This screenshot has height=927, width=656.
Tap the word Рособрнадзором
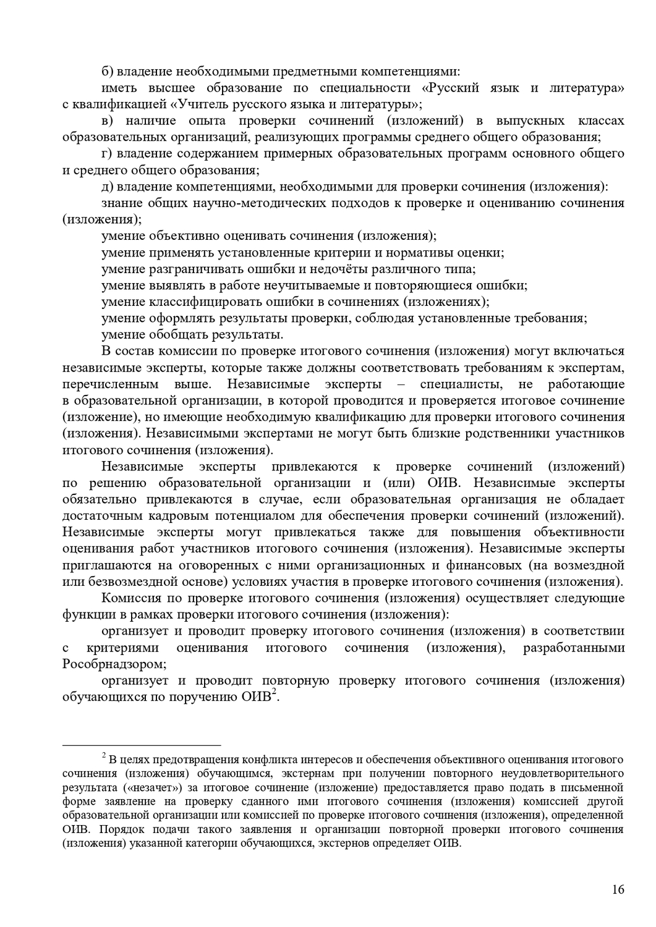[x=114, y=664]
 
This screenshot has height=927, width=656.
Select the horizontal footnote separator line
[x=142, y=745]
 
